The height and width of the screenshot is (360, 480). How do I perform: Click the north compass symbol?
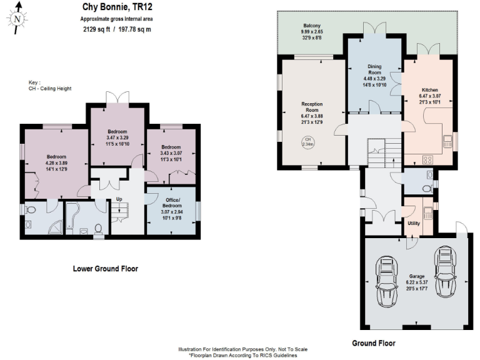18,19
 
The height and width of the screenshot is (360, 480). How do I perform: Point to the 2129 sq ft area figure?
94,29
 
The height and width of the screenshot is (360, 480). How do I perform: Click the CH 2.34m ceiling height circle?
307,142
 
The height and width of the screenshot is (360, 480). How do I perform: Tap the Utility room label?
413,222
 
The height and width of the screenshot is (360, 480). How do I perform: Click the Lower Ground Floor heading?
105,269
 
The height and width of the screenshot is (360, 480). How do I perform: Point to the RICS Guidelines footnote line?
242,355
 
